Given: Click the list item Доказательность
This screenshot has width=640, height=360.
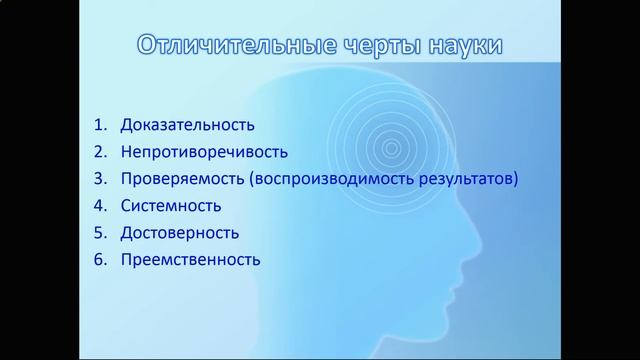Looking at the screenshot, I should [x=187, y=126].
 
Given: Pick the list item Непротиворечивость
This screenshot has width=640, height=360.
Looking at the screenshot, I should [x=203, y=153].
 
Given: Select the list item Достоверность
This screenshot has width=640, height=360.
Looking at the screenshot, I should [x=179, y=233].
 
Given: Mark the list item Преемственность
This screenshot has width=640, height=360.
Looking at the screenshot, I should [x=190, y=260].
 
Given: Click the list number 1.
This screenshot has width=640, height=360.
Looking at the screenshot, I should [x=100, y=126].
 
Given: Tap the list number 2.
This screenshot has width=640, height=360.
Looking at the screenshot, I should [x=100, y=153].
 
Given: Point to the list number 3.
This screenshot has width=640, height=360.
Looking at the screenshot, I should [x=100, y=180].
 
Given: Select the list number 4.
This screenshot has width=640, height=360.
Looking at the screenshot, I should [x=100, y=206].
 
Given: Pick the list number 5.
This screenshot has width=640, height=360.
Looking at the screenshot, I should [x=100, y=233].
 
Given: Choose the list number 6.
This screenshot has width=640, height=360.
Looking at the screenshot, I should [x=100, y=260].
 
